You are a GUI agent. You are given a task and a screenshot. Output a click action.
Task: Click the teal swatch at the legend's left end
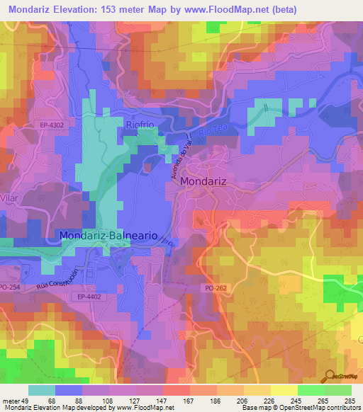point(42,390)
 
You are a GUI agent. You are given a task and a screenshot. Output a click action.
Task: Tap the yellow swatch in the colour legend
point(284,390)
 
